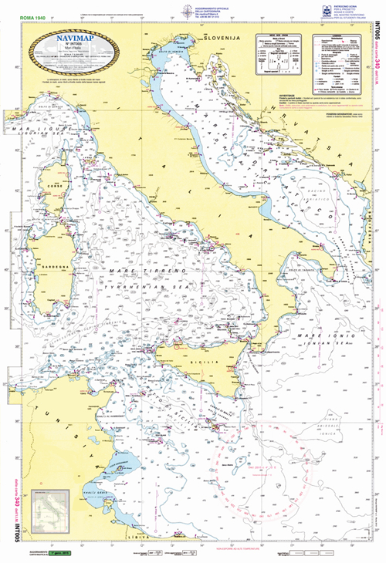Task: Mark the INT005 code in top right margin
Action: coord(376,35)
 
